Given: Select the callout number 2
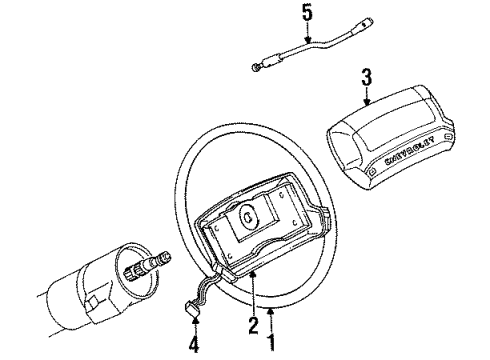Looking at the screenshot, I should coord(254,325).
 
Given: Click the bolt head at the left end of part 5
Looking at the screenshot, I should coord(255,68).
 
